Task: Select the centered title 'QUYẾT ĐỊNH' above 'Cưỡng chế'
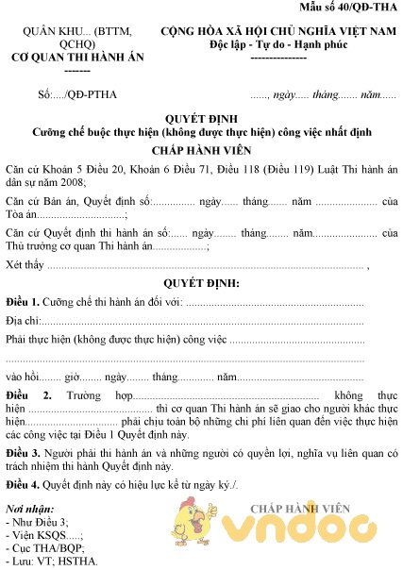200,119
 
